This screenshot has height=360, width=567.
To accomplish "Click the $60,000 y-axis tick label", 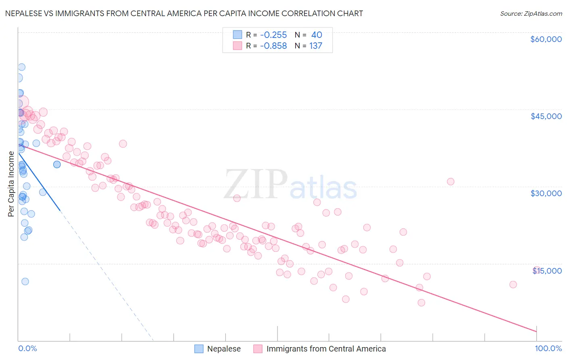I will pos(546,39).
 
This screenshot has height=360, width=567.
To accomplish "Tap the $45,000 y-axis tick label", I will pos(546,116).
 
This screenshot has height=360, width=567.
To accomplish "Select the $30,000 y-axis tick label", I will pos(546,193).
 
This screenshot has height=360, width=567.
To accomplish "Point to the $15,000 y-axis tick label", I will pos(547,271).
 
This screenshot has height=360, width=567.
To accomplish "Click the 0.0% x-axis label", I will pos(27,348).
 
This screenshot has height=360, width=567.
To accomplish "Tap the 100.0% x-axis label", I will pos(548,348).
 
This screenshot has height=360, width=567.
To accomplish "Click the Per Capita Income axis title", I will pos(11,184).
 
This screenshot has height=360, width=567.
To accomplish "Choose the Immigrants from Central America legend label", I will pos(326,349).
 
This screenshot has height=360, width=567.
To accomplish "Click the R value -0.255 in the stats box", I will pos(273,35).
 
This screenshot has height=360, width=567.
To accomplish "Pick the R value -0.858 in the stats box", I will pos(273,46).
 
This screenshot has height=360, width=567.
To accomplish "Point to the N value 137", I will pos(316,46).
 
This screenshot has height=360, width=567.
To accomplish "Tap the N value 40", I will pos(317,35).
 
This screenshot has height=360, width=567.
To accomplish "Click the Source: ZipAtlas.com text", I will pos(531,14).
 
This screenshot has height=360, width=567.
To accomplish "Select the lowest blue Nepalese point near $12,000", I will pos(25,282).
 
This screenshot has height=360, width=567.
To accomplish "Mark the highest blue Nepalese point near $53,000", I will pos(21,67).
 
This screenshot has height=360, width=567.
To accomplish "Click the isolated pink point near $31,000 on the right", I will pos(450,182).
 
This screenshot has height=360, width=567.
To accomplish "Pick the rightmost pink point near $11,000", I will pos(513,285).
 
